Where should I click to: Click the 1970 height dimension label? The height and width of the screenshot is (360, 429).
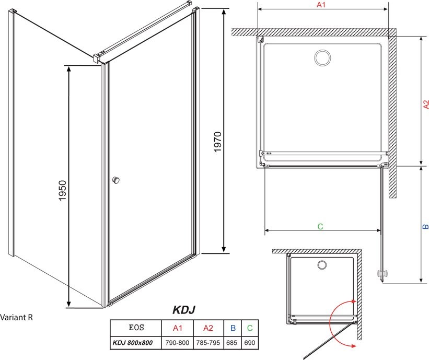click(217, 142)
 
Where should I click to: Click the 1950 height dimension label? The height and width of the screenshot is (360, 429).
click(63, 190)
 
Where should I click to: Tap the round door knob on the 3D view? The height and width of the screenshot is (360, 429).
click(116, 180)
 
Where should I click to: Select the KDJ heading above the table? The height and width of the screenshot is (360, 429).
click(184, 310)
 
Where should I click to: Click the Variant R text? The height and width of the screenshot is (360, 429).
click(16, 317)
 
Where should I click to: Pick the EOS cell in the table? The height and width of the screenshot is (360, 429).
click(136, 328)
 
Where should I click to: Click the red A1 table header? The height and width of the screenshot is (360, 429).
click(177, 328)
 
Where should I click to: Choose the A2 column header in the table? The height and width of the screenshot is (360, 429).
click(208, 328)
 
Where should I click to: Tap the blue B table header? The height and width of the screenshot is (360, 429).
click(233, 328)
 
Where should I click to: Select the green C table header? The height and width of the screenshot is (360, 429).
click(250, 328)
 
